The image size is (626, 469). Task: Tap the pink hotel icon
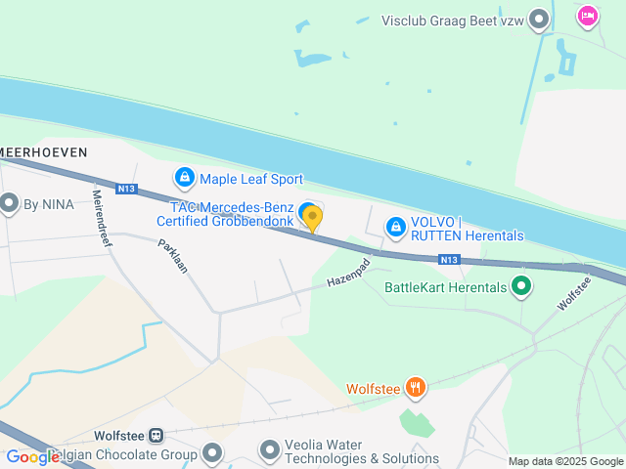tap(587, 16)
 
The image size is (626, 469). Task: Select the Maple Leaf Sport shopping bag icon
tap(184, 178)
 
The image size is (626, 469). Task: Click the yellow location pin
tap(312, 218)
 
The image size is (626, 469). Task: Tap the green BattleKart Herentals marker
tap(521, 287)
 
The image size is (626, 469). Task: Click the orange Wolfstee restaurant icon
tap(417, 388)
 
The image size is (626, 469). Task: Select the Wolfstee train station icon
tap(156, 436)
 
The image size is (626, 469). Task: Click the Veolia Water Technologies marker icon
tap(269, 450)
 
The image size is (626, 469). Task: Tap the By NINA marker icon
tap(10, 204)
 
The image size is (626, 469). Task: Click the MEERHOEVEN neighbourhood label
tap(43, 151)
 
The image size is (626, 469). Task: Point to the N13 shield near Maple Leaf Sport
tap(125, 189)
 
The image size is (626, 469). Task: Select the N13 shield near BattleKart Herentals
tap(449, 259)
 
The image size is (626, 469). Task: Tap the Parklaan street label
tap(172, 256)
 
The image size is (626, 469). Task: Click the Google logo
tap(32, 456)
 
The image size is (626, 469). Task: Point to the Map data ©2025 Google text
tap(565, 461)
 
